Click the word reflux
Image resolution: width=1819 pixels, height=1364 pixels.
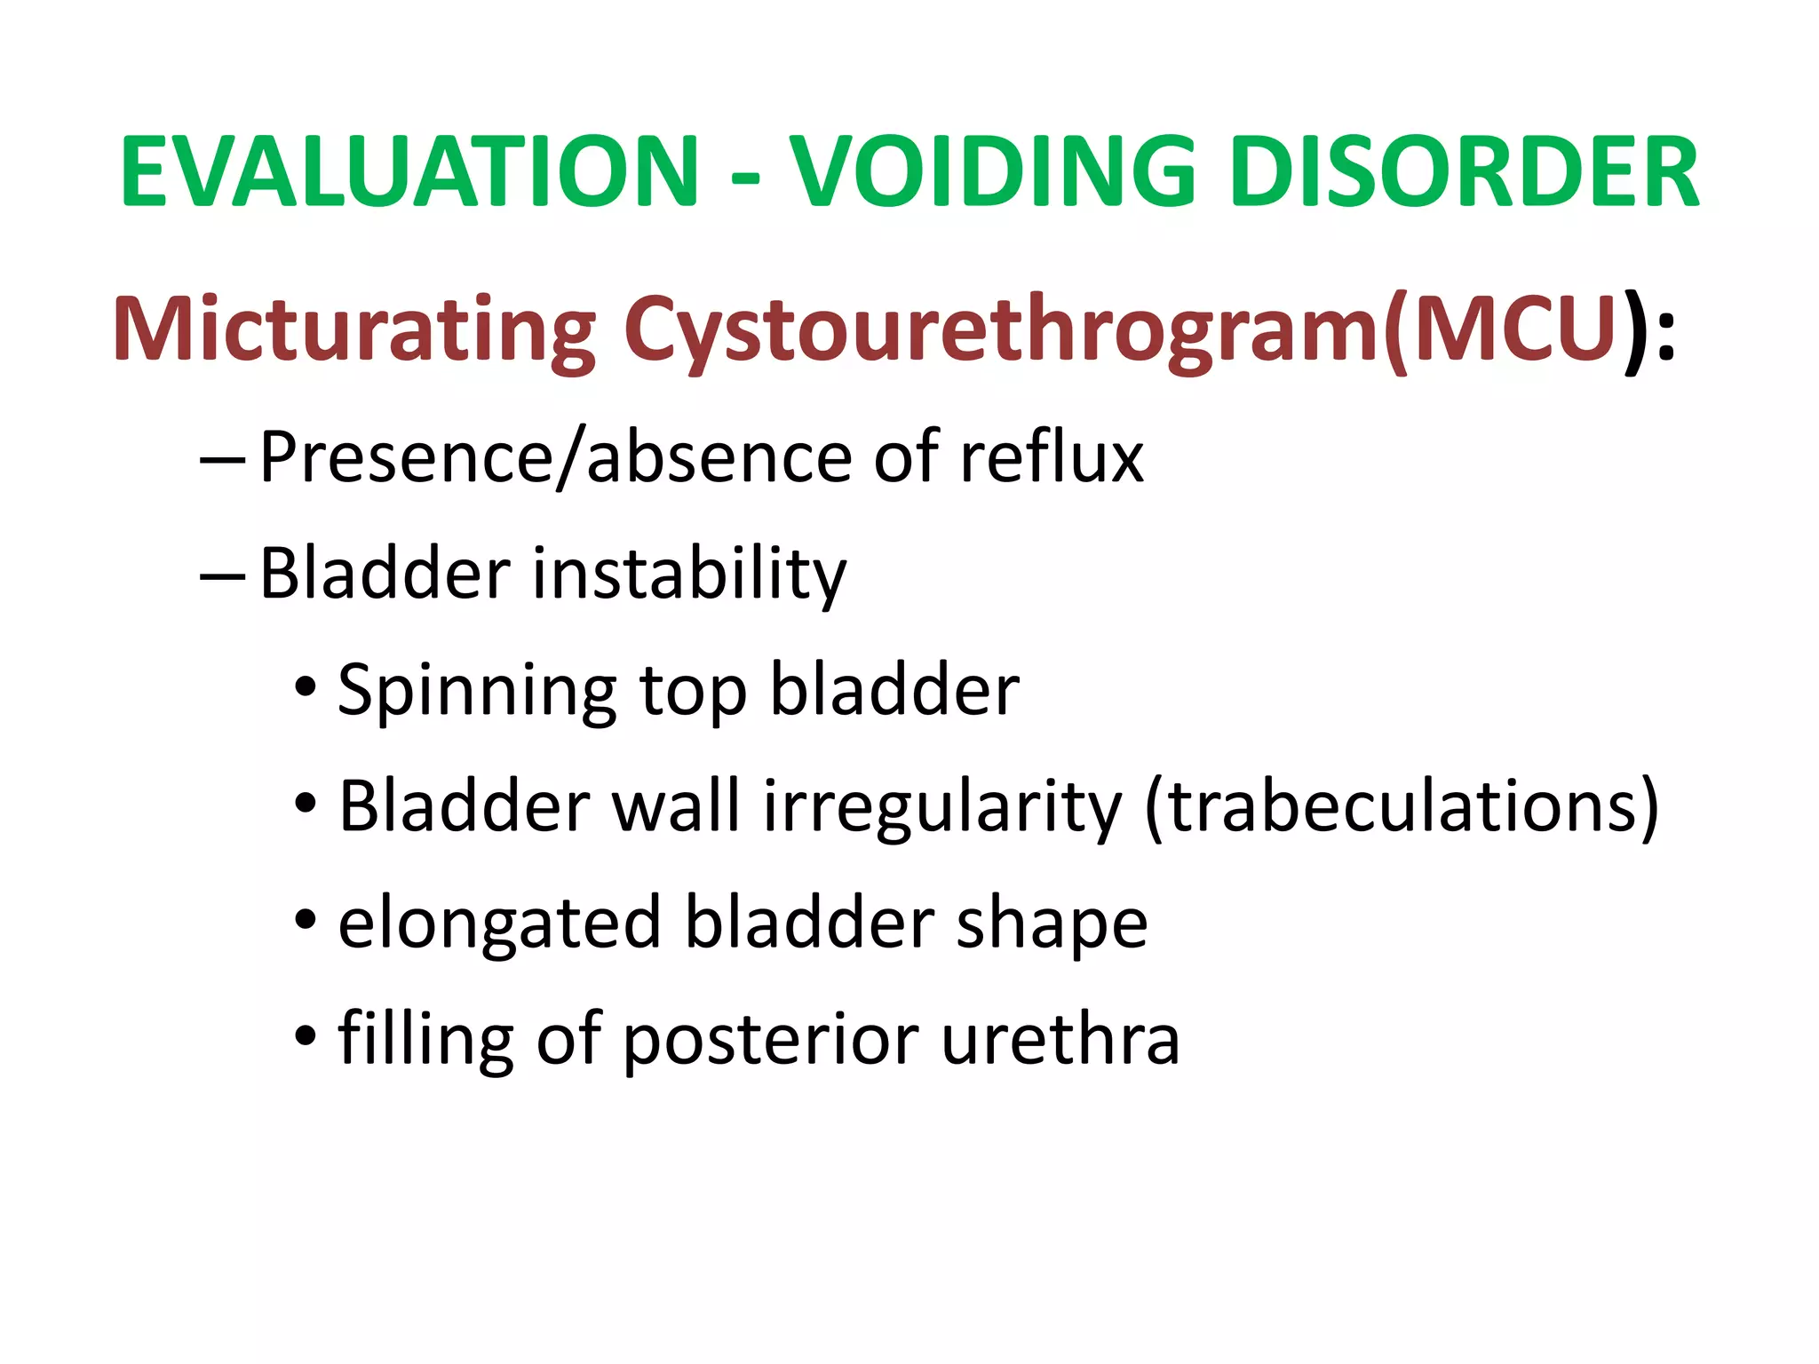tap(1052, 457)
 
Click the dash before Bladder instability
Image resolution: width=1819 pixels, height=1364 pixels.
tap(222, 576)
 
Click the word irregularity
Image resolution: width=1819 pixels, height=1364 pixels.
tap(942, 806)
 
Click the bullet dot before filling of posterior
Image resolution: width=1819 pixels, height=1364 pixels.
tap(306, 1035)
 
